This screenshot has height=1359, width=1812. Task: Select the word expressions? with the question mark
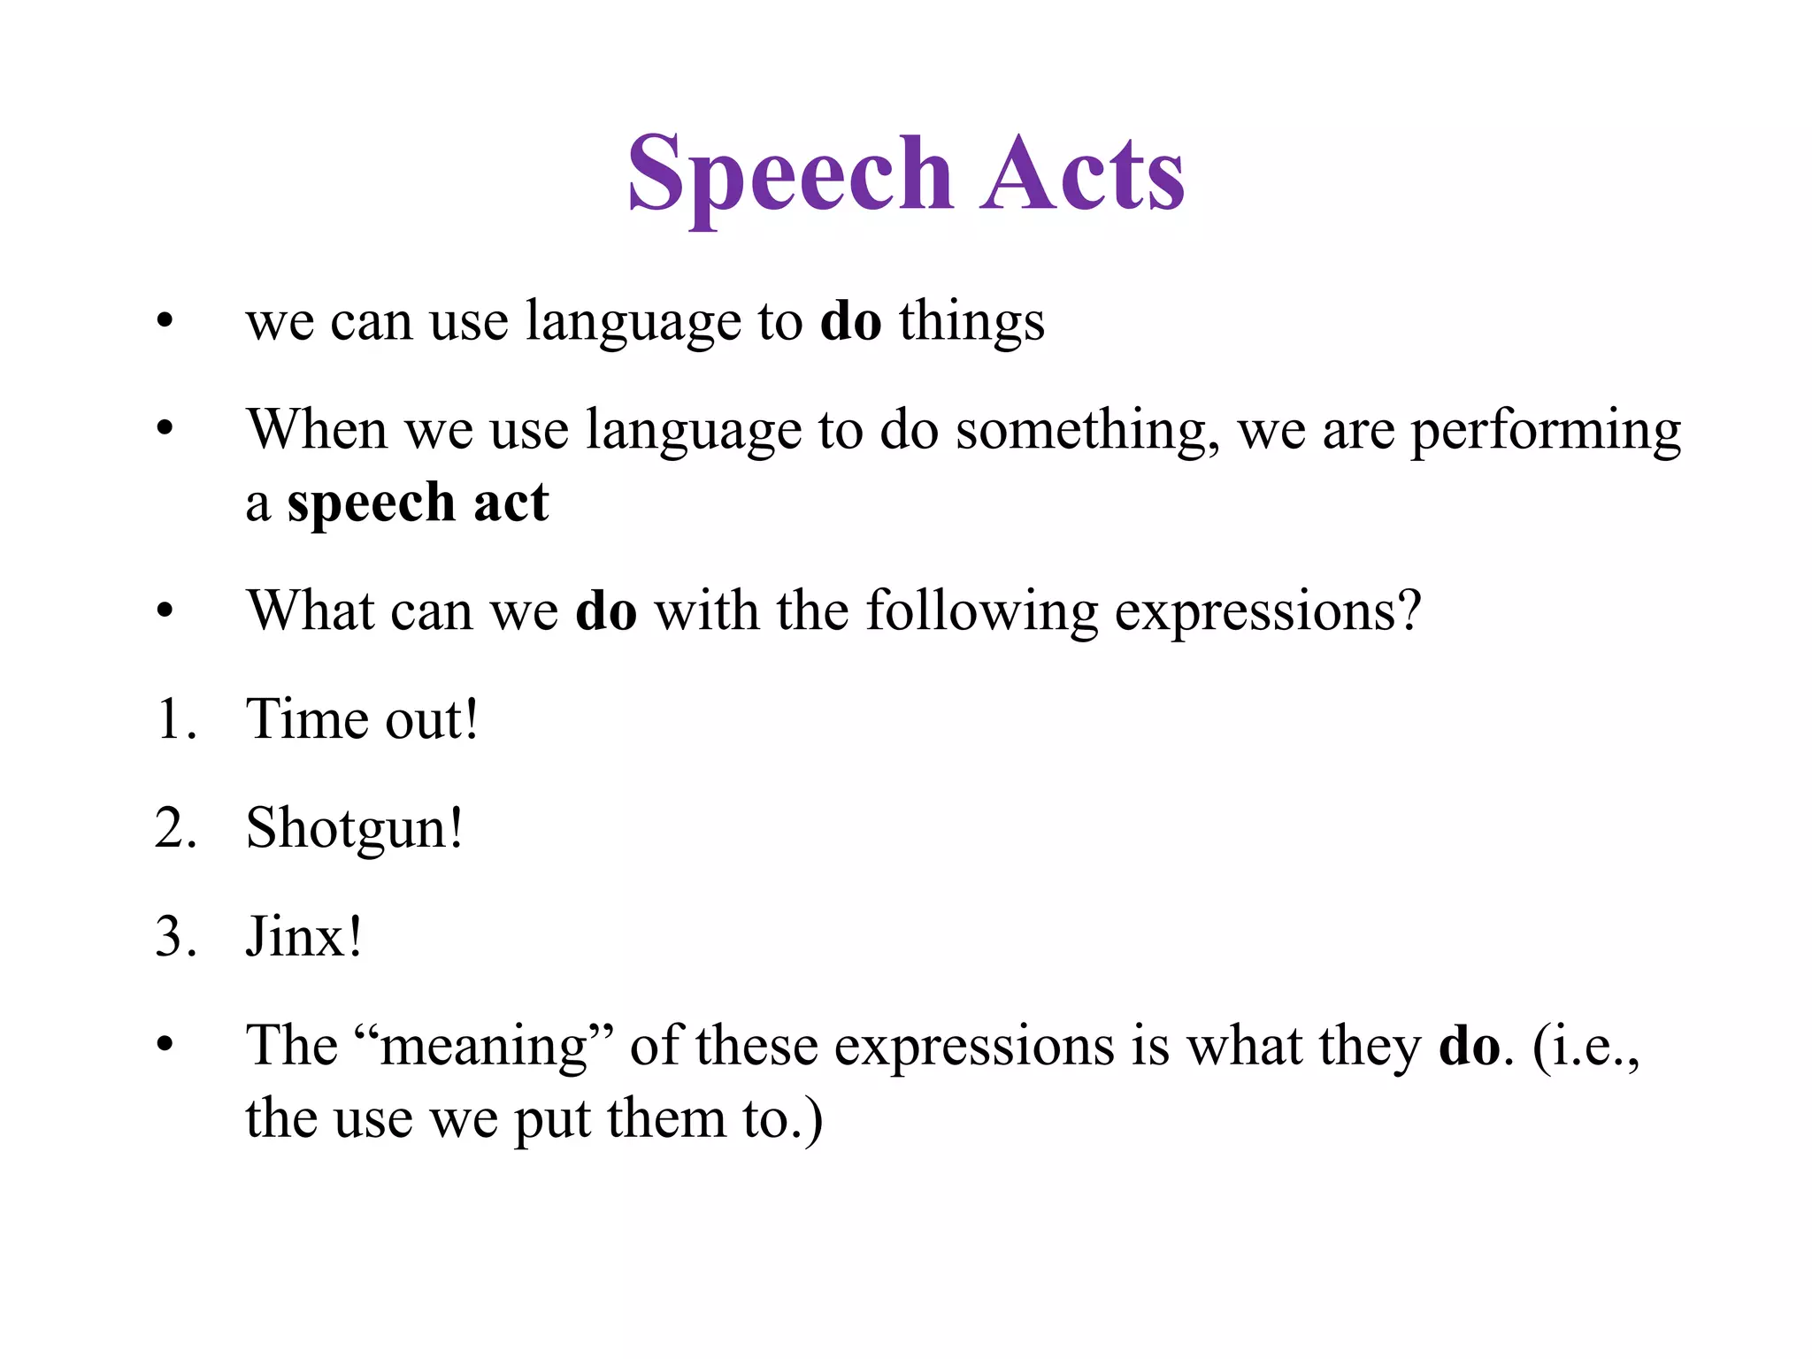[1267, 612]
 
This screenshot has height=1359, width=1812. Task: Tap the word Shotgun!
[354, 830]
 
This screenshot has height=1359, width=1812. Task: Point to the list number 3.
[174, 937]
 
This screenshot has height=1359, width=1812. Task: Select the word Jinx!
[303, 937]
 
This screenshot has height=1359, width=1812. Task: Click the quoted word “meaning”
[483, 1046]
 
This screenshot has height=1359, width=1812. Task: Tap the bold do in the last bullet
[1470, 1046]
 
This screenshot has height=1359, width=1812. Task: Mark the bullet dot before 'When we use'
[165, 430]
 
